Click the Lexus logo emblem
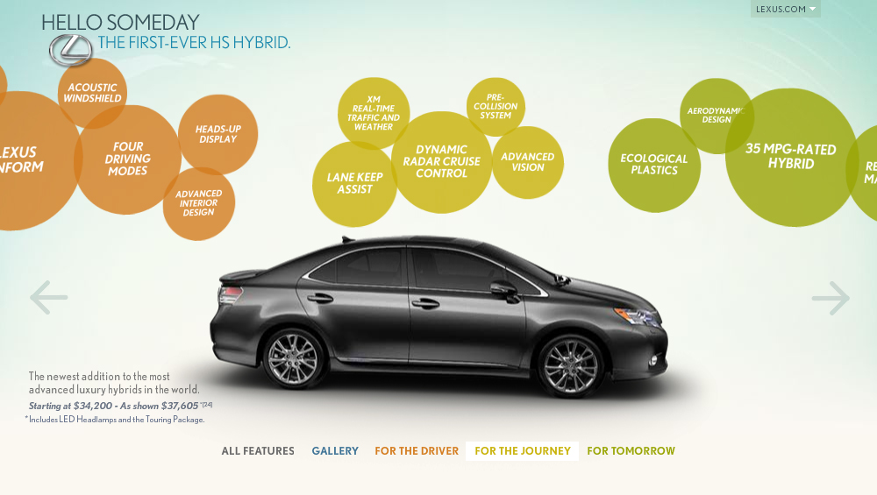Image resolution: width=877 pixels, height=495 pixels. tap(70, 50)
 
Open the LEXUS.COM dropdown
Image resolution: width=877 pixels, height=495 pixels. tap(785, 10)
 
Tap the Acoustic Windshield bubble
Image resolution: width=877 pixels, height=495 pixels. tap(92, 92)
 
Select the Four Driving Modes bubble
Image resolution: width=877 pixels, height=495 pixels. tap(128, 159)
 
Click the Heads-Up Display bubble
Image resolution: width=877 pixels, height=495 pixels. tap(218, 134)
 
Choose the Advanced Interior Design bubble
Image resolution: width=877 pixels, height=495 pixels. tap(199, 203)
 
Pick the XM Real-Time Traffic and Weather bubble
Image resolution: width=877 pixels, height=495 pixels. tap(374, 114)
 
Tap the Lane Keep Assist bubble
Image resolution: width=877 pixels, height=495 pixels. tap(355, 183)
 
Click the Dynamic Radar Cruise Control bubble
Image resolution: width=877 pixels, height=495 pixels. tap(442, 162)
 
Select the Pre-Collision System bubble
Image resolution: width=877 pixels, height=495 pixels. tap(496, 107)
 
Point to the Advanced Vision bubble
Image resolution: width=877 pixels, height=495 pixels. tap(528, 162)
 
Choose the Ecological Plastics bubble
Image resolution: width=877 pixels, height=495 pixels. tap(654, 165)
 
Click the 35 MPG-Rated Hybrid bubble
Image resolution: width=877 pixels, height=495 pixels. tap(791, 157)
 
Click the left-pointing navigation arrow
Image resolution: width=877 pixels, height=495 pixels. tap(48, 298)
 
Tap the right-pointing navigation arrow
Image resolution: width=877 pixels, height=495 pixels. tap(831, 298)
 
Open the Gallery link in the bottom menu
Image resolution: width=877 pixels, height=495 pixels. tap(335, 451)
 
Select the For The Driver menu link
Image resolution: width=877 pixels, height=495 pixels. tap(417, 451)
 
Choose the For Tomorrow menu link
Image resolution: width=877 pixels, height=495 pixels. tap(631, 451)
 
